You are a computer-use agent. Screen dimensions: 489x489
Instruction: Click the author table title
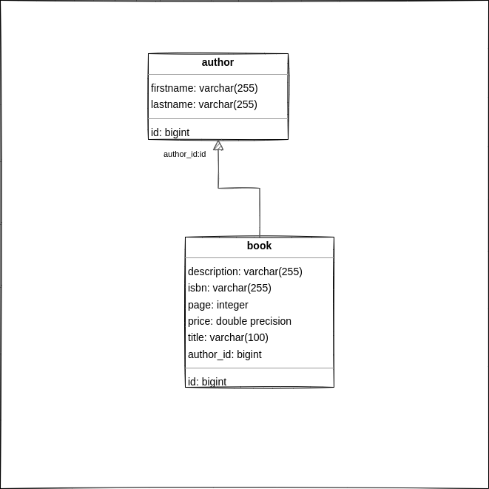[x=217, y=62]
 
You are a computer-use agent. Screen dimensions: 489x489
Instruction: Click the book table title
[x=259, y=246]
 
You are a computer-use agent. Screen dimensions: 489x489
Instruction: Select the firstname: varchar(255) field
[x=204, y=88]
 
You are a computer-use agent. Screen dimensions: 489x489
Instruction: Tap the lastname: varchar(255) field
[x=204, y=104]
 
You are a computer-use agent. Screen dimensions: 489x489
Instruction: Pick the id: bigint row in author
[x=170, y=132]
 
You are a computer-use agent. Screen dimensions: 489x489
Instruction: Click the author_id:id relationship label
[x=185, y=154]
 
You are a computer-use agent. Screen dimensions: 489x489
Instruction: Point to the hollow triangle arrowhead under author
[x=218, y=145]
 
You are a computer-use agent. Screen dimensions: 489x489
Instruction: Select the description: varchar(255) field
[x=245, y=272]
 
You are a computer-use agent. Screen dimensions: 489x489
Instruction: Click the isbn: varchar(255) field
[x=229, y=288]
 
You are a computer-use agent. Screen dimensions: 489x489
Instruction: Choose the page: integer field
[x=218, y=305]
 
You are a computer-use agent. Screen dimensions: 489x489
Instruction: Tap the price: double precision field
[x=240, y=321]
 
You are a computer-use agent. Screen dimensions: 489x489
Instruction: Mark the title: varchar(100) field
[x=228, y=337]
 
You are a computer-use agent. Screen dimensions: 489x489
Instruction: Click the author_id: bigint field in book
[x=225, y=354]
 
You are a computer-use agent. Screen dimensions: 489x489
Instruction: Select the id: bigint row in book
[x=207, y=382]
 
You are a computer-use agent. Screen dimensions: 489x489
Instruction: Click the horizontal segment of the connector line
[x=239, y=188]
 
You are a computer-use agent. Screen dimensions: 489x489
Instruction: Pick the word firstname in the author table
[x=172, y=88]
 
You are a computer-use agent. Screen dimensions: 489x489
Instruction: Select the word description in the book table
[x=213, y=272]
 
